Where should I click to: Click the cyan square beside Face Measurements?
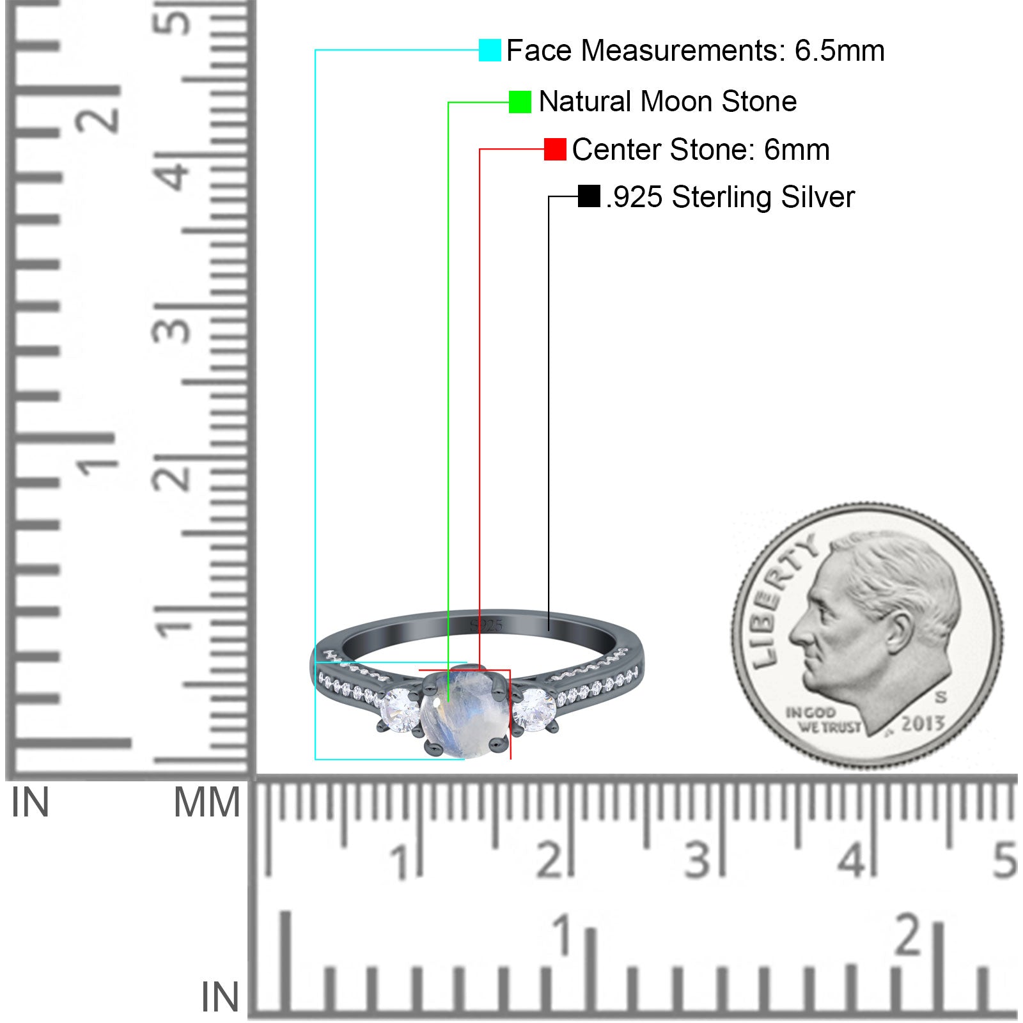pyautogui.click(x=490, y=50)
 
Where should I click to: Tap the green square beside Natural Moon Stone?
pyautogui.click(x=520, y=102)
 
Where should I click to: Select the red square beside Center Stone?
pyautogui.click(x=555, y=149)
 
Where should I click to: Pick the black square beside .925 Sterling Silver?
pyautogui.click(x=589, y=196)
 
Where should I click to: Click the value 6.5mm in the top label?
pyautogui.click(x=839, y=51)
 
